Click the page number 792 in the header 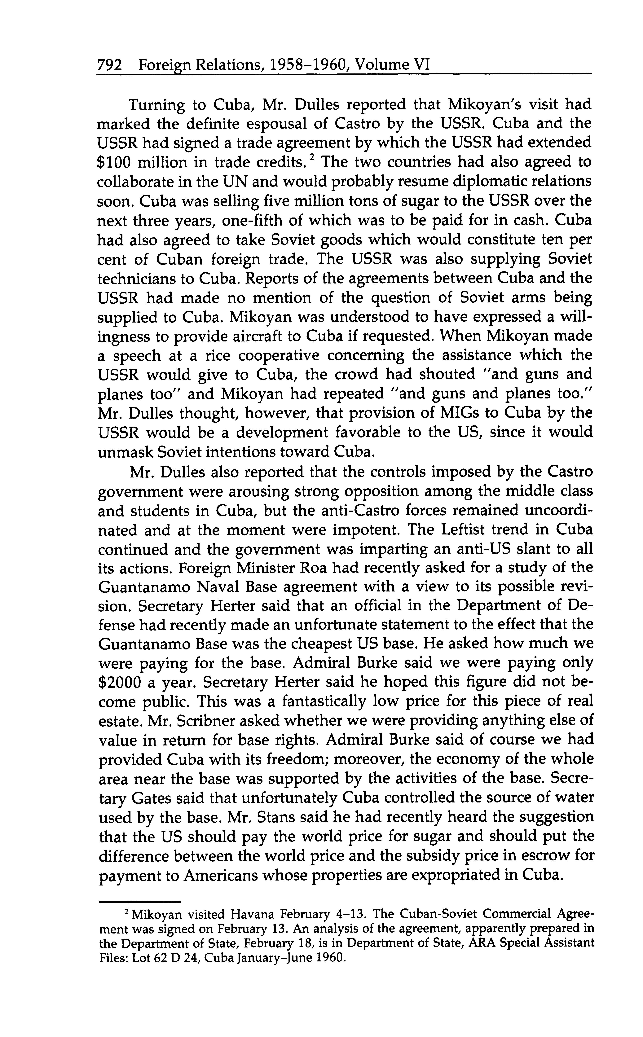pyautogui.click(x=110, y=65)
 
